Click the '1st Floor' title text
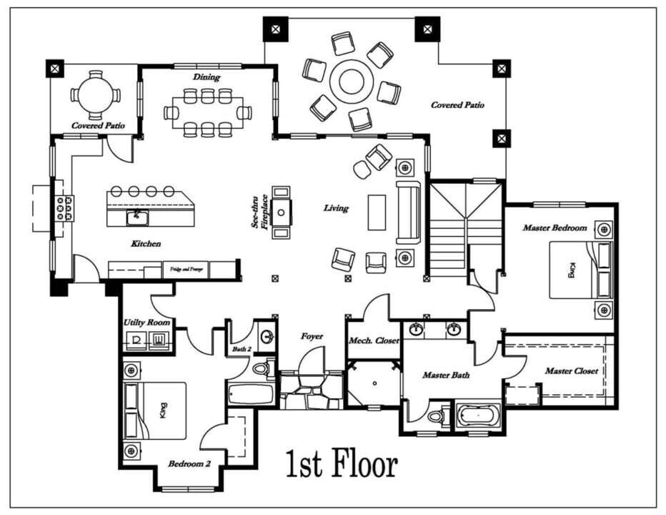(x=342, y=464)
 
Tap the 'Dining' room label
(x=206, y=77)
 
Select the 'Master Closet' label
(x=571, y=371)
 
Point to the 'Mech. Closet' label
(x=374, y=340)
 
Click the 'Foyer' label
(x=312, y=335)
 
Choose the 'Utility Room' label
(x=146, y=323)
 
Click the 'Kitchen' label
(x=146, y=244)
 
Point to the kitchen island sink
(x=135, y=215)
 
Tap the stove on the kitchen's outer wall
(x=62, y=208)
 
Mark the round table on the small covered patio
(x=94, y=95)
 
